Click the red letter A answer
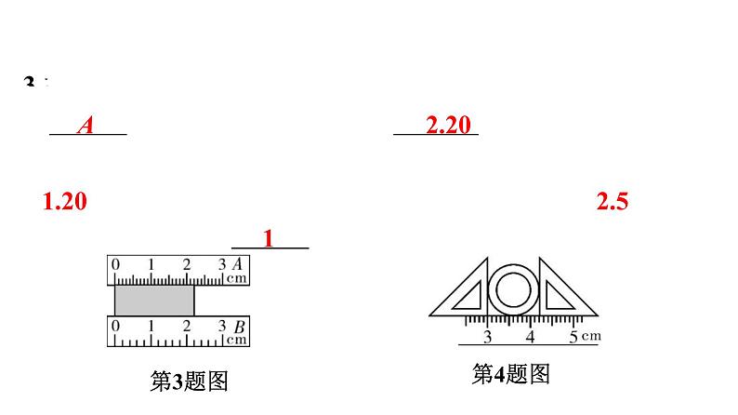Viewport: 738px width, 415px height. (x=86, y=125)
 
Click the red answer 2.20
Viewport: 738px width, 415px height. (x=449, y=125)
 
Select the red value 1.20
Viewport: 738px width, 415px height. (x=65, y=201)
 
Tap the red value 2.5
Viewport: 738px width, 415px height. (x=612, y=201)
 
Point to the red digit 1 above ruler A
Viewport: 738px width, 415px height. (x=269, y=238)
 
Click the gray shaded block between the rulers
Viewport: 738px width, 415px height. (x=154, y=300)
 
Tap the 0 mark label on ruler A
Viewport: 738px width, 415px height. (x=115, y=265)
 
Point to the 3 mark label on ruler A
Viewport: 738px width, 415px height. (x=222, y=265)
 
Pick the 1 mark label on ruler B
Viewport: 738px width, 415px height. (x=152, y=327)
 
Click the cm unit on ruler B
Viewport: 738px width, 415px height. (x=237, y=340)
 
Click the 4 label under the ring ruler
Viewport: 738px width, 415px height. (x=530, y=336)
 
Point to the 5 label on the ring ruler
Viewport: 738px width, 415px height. (x=573, y=336)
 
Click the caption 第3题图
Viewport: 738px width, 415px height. (x=189, y=381)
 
